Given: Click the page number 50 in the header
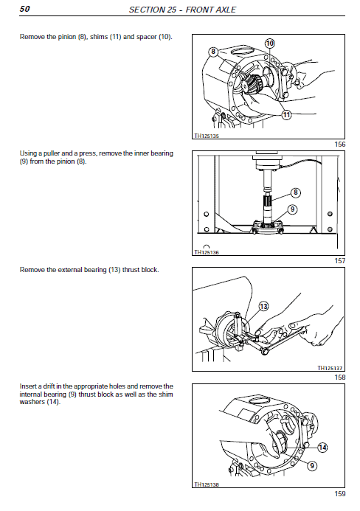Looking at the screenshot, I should tap(25, 10).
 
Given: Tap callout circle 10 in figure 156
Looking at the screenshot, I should tap(270, 44).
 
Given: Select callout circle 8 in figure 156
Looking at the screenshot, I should tap(213, 52).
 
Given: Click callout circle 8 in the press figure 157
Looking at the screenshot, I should tap(295, 192).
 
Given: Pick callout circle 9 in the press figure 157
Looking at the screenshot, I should tap(292, 209).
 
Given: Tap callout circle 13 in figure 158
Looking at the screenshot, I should tap(263, 306).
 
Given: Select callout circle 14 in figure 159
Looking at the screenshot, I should tap(322, 447).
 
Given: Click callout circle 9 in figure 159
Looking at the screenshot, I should tap(312, 465).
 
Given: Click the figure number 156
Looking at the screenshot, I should tap(339, 145).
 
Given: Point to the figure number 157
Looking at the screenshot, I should tap(339, 261).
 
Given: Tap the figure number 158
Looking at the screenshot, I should tap(339, 378).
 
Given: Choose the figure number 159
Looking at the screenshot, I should tap(339, 493).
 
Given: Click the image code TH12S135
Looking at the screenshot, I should tap(207, 136).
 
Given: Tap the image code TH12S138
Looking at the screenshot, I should tap(207, 484).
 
